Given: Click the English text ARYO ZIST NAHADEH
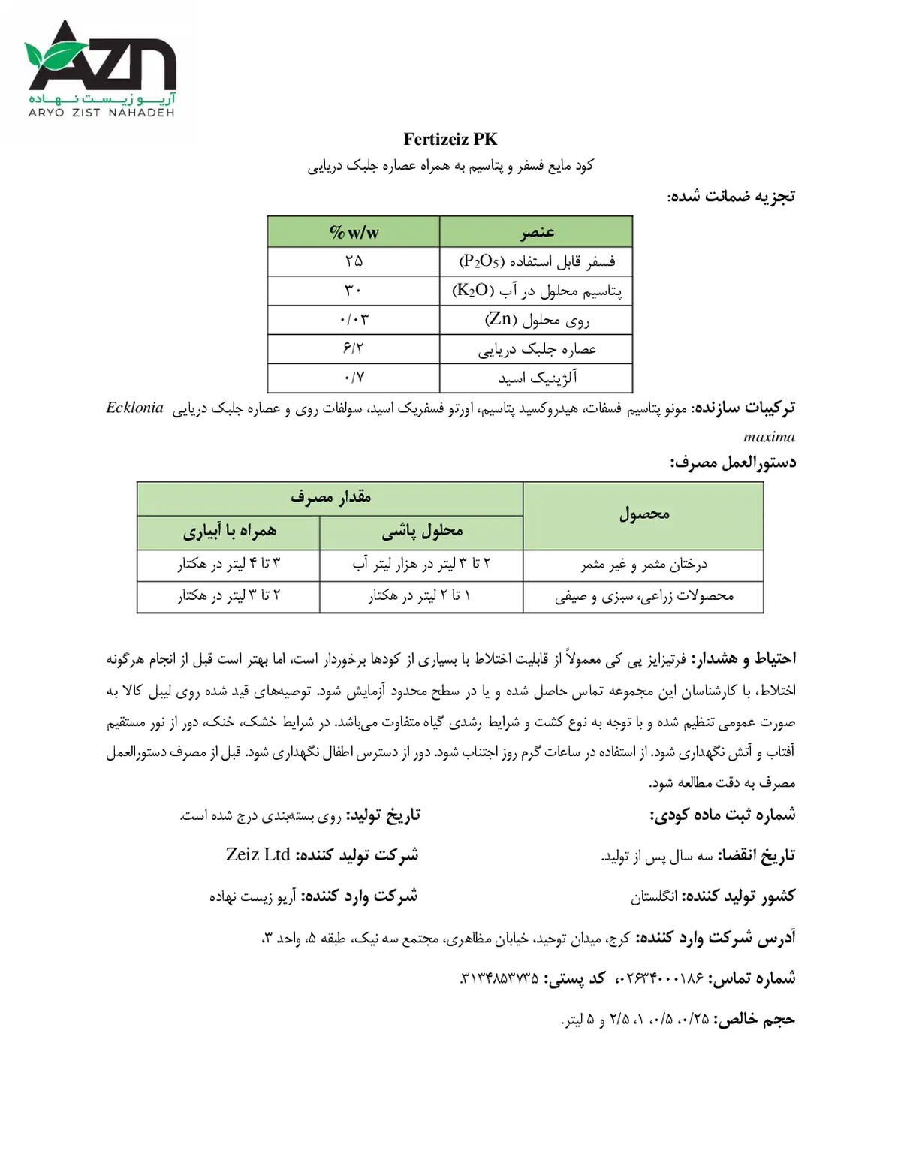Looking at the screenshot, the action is (x=102, y=113).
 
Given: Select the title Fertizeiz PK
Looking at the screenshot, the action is (x=450, y=140).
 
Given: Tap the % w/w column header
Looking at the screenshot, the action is (x=354, y=232).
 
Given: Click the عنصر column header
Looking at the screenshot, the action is (x=536, y=232).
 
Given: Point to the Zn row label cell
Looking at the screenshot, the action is (x=537, y=321).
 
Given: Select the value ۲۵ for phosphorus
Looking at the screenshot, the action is (x=354, y=261).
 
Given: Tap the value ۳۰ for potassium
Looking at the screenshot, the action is (x=353, y=291).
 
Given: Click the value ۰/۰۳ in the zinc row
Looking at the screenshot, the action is (x=354, y=320).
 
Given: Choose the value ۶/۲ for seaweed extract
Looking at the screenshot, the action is (x=353, y=349).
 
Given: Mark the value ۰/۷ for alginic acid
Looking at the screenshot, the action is (x=354, y=378).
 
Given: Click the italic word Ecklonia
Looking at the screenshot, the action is (x=134, y=408).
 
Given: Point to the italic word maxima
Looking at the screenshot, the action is (x=768, y=437).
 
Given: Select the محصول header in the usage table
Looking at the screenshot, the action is (x=644, y=514).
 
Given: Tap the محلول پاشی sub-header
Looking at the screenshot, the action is (x=422, y=532).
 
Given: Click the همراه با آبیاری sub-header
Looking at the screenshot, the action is (x=230, y=532).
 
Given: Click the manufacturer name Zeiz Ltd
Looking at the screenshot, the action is (x=258, y=854).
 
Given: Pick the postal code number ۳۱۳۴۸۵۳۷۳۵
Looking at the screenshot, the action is (x=499, y=978).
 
